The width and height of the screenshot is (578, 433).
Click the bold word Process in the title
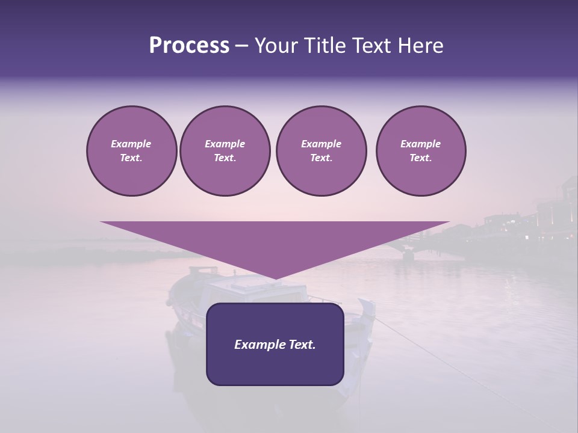tap(189, 46)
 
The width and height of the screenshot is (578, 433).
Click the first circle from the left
tap(131, 151)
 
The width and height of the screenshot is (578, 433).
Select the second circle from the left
tap(225, 151)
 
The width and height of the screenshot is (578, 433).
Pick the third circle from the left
tap(321, 151)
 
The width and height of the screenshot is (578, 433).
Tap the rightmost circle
tap(420, 151)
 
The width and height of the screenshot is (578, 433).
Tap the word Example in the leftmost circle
tap(131, 144)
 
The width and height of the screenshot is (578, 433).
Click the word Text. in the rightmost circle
tap(420, 158)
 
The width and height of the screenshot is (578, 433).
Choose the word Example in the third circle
tap(321, 144)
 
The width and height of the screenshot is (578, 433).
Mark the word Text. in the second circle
tap(225, 158)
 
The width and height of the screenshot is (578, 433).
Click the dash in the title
tap(241, 46)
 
